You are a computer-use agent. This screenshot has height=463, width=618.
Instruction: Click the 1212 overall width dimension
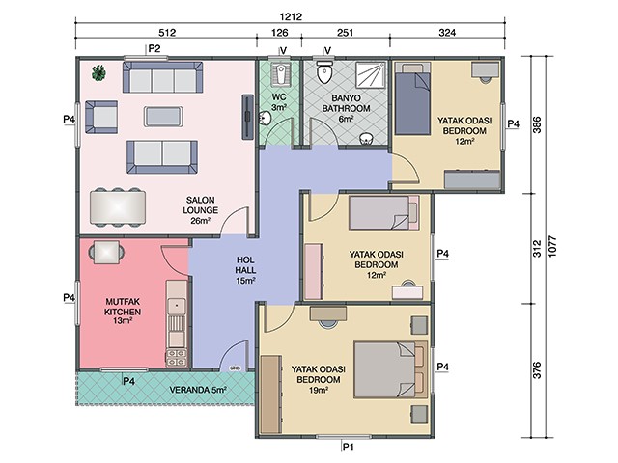click(x=291, y=17)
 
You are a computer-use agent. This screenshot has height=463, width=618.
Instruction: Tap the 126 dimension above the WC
click(x=279, y=32)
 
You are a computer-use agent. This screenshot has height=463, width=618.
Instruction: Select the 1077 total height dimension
click(x=552, y=247)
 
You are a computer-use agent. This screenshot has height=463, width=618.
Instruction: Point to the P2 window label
click(x=154, y=49)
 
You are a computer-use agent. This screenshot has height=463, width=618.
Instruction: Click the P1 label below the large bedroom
click(x=348, y=447)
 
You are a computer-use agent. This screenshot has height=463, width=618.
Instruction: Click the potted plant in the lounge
click(x=98, y=73)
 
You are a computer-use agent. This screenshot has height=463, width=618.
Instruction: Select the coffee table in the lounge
click(x=163, y=117)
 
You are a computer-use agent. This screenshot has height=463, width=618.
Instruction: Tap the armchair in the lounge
click(x=100, y=117)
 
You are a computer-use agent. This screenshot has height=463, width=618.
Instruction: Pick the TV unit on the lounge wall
click(x=247, y=117)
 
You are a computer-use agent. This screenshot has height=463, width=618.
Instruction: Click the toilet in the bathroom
click(x=324, y=71)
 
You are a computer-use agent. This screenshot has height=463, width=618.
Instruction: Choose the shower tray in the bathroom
click(x=371, y=75)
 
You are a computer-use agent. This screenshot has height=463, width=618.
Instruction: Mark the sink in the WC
click(x=265, y=118)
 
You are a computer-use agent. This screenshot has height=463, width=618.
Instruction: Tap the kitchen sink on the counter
click(x=177, y=306)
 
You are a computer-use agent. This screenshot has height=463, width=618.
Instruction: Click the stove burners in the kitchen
click(x=176, y=358)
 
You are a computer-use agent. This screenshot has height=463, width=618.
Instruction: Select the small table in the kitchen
click(x=106, y=252)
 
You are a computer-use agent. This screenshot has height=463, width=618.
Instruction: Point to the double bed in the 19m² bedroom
click(x=390, y=369)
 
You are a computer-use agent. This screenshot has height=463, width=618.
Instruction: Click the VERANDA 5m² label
click(x=197, y=390)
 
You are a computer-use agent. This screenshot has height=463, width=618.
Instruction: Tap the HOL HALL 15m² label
click(x=245, y=270)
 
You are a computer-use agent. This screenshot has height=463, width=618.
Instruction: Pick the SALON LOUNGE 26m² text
click(x=200, y=210)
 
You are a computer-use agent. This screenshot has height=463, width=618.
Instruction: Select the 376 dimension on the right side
click(x=537, y=370)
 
